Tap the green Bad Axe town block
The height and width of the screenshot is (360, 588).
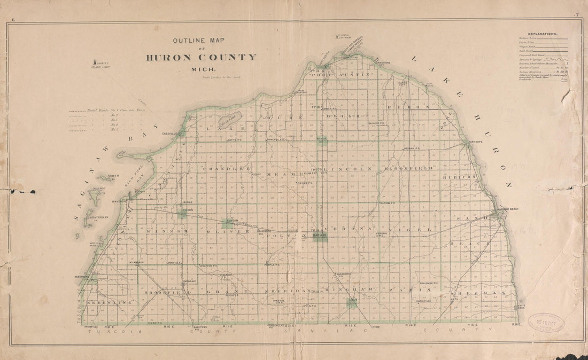pyautogui.click(x=320, y=236)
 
